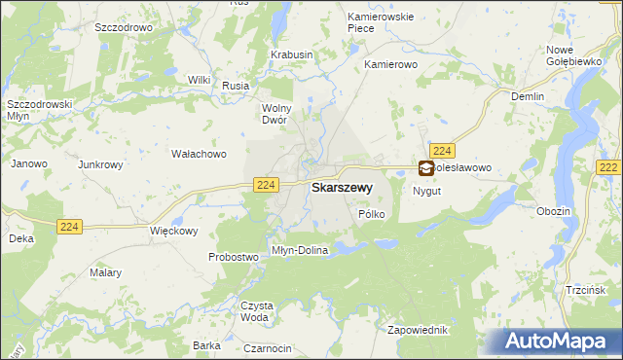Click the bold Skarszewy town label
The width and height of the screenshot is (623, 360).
pyautogui.click(x=340, y=187)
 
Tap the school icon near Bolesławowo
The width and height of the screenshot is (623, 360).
pyautogui.click(x=426, y=168)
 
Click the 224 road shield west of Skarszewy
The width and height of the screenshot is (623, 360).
pyautogui.click(x=265, y=184)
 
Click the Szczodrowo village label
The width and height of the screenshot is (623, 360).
pyautogui.click(x=124, y=28)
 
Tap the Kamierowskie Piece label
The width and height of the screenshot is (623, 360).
pyautogui.click(x=375, y=22)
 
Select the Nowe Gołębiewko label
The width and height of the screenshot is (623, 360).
pyautogui.click(x=573, y=55)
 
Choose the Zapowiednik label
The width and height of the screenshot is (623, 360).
pyautogui.click(x=416, y=329)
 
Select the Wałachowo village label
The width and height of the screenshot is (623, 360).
pyautogui.click(x=199, y=154)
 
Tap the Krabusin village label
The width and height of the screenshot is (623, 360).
pyautogui.click(x=291, y=55)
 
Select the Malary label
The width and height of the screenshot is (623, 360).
pyautogui.click(x=104, y=273)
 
